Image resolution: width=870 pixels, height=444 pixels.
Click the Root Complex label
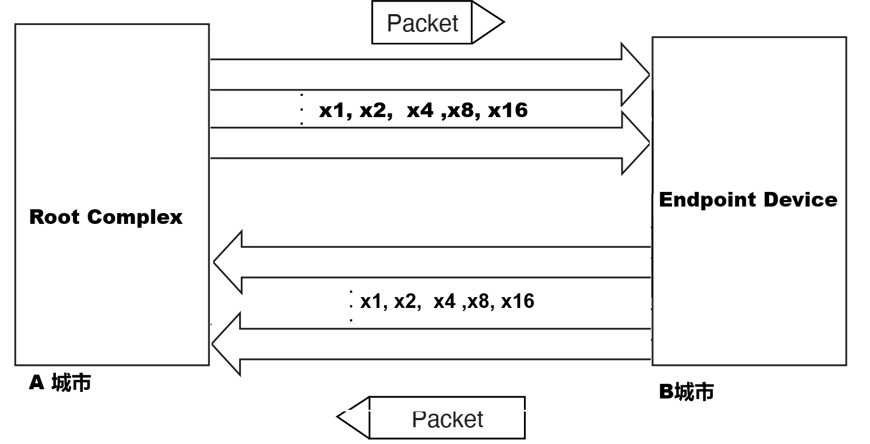pyautogui.click(x=106, y=217)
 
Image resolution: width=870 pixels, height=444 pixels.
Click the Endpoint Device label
pyautogui.click(x=748, y=200)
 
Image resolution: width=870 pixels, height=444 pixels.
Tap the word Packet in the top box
pyautogui.click(x=422, y=23)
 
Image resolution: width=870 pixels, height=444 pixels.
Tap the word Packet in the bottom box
pyautogui.click(x=447, y=419)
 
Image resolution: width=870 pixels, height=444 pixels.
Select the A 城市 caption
pyautogui.click(x=60, y=383)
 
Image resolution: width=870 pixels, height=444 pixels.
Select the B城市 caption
pyautogui.click(x=686, y=391)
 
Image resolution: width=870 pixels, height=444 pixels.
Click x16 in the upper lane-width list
pyautogui.click(x=507, y=110)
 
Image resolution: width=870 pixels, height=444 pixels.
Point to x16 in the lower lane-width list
pyautogui.click(x=517, y=301)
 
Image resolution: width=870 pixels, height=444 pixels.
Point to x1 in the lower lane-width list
pyautogui.click(x=370, y=301)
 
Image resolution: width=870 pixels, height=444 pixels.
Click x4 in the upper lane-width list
pyautogui.click(x=420, y=110)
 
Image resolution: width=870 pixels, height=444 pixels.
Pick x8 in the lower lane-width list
pyautogui.click(x=478, y=301)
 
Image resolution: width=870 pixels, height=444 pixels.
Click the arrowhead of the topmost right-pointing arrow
pyautogui.click(x=635, y=75)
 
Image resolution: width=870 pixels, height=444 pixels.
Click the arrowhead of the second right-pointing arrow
pyautogui.click(x=635, y=143)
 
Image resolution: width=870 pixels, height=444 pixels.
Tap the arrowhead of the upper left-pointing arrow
pyautogui.click(x=228, y=262)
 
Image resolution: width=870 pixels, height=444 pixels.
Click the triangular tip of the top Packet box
pyautogui.click(x=488, y=22)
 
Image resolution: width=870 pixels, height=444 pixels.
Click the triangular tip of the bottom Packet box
pyautogui.click(x=353, y=417)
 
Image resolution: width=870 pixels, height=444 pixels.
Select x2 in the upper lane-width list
pyautogui.click(x=373, y=110)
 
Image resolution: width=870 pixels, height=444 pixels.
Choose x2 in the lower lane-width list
pyautogui.click(x=405, y=301)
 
